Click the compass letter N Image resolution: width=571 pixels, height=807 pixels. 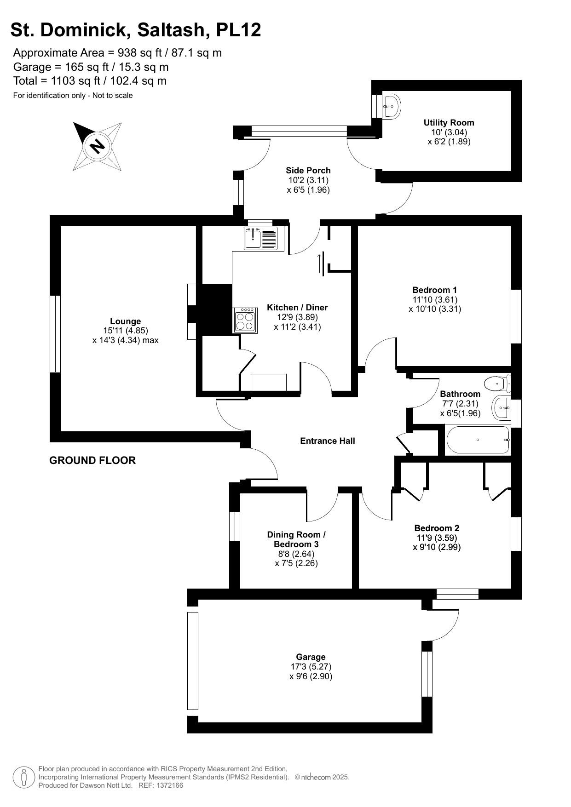(x=97, y=146)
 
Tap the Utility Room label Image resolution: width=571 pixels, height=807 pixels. (x=449, y=123)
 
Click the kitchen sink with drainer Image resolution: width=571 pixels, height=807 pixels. (x=260, y=239)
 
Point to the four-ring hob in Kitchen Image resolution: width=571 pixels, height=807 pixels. (x=245, y=320)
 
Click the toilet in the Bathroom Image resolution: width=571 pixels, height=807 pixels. (x=497, y=383)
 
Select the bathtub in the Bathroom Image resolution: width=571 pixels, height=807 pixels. (x=478, y=440)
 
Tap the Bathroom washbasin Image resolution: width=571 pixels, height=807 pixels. (x=501, y=407)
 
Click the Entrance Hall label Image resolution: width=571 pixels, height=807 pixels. (x=327, y=441)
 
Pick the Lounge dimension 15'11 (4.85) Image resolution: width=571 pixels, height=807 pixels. (x=125, y=331)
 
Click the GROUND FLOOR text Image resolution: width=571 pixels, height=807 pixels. (x=92, y=461)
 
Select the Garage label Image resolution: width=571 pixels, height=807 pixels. (x=311, y=657)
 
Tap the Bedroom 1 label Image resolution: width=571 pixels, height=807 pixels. (x=434, y=290)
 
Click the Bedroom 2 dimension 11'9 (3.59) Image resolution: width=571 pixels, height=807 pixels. (x=437, y=538)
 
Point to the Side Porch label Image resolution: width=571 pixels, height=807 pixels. (x=308, y=171)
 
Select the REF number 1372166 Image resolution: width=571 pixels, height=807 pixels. (x=170, y=785)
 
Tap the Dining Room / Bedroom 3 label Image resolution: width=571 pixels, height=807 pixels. (x=296, y=539)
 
